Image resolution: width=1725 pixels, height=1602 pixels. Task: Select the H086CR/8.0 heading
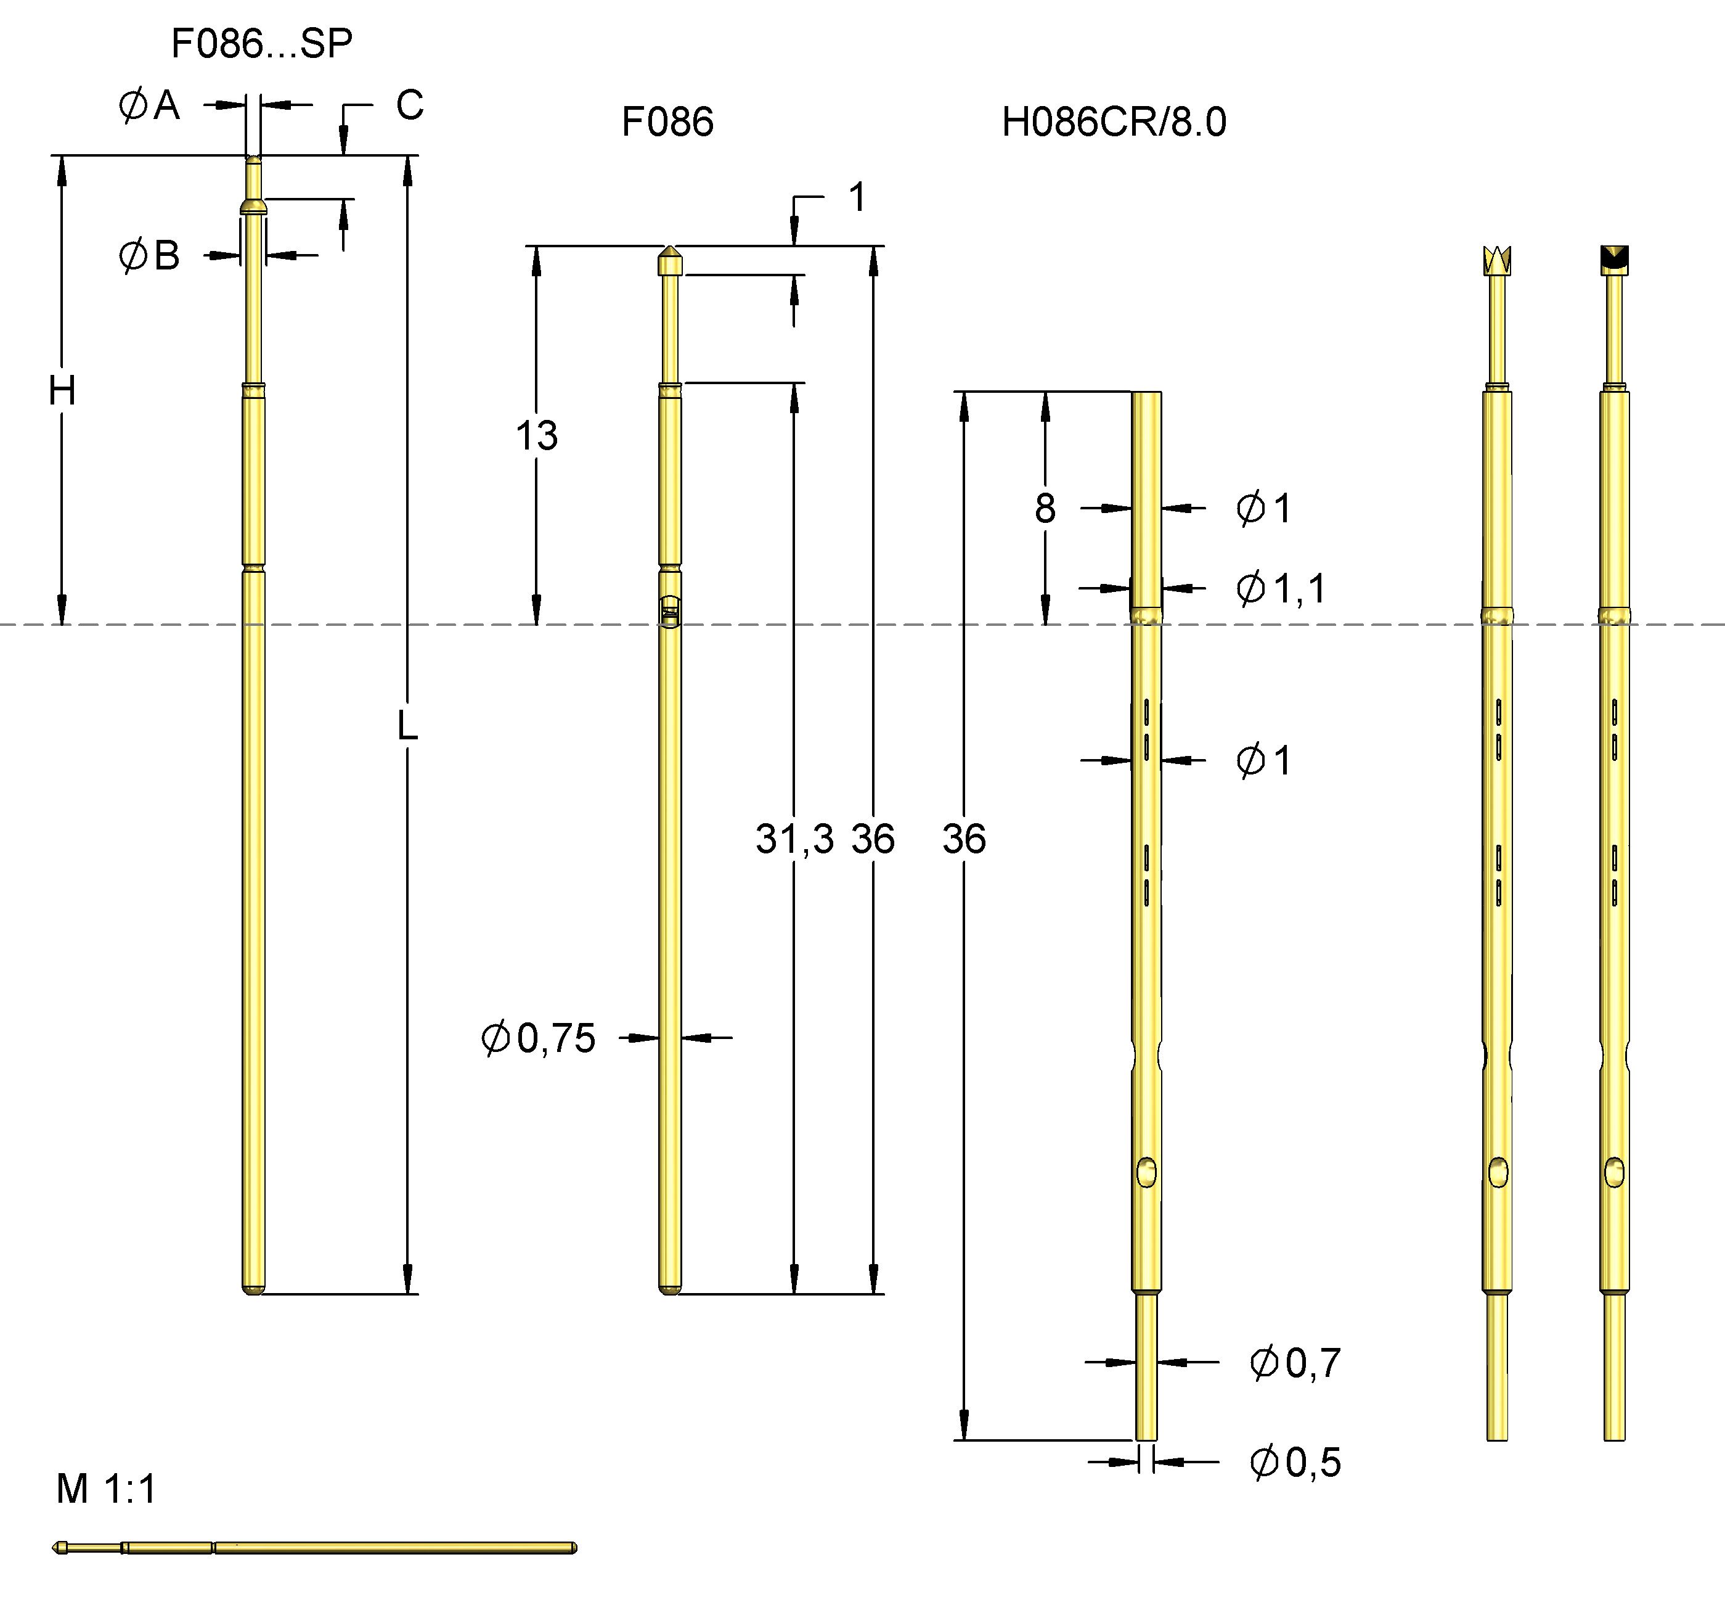pyautogui.click(x=1114, y=122)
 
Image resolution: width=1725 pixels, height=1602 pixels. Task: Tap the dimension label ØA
pyautogui.click(x=149, y=106)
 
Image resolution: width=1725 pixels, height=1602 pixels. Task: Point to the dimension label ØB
pyautogui.click(x=149, y=256)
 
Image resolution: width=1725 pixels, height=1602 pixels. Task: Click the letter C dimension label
pyautogui.click(x=410, y=106)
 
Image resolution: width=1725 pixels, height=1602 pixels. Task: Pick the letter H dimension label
pyautogui.click(x=62, y=391)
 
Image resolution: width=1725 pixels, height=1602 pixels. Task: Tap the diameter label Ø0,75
pyautogui.click(x=538, y=1038)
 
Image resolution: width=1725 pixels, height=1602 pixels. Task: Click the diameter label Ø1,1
pyautogui.click(x=1281, y=589)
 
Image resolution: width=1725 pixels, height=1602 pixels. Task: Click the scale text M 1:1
pyautogui.click(x=106, y=1489)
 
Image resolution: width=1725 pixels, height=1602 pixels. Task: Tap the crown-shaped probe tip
pyautogui.click(x=1497, y=261)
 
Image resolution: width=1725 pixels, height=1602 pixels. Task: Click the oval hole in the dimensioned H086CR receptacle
pyautogui.click(x=1146, y=1172)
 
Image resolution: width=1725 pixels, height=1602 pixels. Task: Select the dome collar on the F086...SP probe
pyautogui.click(x=253, y=207)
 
